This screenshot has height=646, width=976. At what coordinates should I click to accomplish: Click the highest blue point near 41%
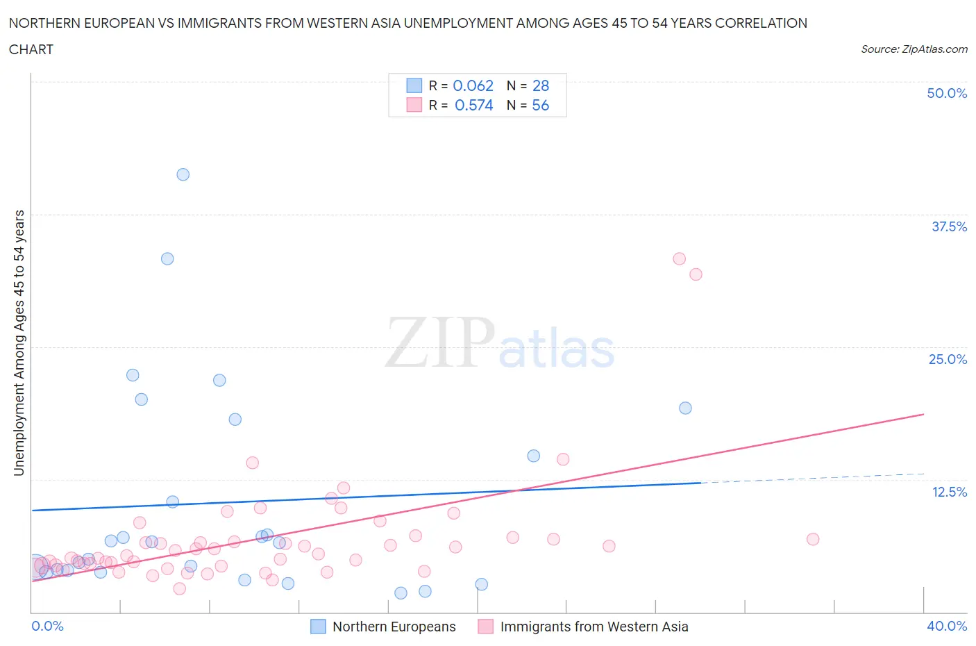[183, 174]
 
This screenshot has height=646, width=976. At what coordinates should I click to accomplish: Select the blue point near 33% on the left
[167, 258]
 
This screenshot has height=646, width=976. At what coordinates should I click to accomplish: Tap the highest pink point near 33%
[679, 258]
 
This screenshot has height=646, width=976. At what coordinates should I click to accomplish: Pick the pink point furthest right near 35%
[813, 539]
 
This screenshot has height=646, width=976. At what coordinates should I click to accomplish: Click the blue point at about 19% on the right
[685, 408]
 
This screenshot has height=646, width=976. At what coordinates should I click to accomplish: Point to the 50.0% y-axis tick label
[947, 93]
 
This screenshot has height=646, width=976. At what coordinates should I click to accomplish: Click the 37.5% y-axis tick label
[949, 226]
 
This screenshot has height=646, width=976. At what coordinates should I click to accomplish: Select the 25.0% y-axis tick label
[948, 359]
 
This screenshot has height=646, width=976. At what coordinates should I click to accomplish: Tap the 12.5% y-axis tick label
[949, 492]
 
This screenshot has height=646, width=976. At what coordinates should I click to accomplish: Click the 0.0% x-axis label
[47, 626]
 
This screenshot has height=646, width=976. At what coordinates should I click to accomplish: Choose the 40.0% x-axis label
[947, 626]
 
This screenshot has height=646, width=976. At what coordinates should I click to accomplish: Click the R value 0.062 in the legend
[473, 85]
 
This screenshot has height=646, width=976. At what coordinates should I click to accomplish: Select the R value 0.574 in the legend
[473, 105]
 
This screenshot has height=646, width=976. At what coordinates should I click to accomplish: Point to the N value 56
[540, 105]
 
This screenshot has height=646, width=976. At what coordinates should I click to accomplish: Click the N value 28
[540, 85]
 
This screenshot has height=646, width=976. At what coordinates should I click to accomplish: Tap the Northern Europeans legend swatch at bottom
[318, 627]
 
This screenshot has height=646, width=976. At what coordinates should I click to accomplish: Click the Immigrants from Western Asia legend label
[594, 627]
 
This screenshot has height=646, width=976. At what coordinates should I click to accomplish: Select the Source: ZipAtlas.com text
[914, 49]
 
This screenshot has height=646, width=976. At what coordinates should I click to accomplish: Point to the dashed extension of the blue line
[812, 478]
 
